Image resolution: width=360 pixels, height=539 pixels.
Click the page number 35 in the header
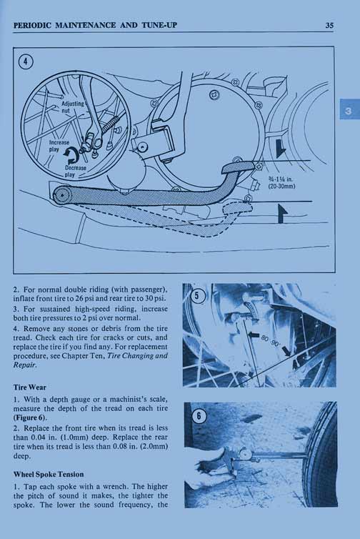click(x=329, y=25)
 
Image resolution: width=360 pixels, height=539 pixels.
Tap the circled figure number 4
click(x=26, y=62)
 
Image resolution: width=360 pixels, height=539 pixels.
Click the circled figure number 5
click(x=197, y=295)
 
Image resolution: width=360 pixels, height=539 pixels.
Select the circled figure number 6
click(x=199, y=416)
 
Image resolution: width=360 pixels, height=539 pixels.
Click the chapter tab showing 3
click(x=349, y=111)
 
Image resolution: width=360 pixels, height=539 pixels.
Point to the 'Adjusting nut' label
click(x=72, y=107)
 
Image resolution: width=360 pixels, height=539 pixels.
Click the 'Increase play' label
click(x=59, y=146)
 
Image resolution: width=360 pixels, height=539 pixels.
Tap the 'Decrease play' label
click(x=75, y=171)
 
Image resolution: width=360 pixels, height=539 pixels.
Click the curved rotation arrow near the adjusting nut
click(x=71, y=157)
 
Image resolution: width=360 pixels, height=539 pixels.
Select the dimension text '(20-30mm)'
click(x=281, y=187)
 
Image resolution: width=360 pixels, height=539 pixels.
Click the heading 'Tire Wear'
click(x=29, y=387)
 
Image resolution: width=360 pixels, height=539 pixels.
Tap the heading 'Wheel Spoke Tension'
click(x=49, y=475)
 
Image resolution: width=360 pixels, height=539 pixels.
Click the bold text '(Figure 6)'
click(x=30, y=417)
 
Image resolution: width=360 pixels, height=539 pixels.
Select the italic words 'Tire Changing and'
click(x=137, y=356)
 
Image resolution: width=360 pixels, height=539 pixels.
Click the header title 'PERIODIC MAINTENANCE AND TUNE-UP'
click(x=95, y=25)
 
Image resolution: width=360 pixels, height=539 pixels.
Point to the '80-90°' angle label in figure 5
click(x=271, y=341)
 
